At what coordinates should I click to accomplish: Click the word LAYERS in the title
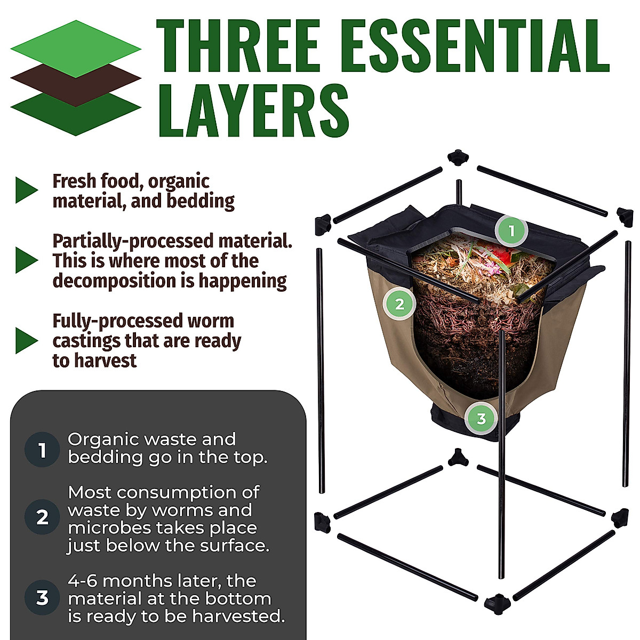(254, 111)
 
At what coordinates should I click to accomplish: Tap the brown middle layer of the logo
(76, 79)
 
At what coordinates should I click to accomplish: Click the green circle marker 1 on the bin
(511, 231)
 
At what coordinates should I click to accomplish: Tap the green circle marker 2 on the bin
(399, 304)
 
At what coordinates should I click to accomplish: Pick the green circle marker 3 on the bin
(481, 419)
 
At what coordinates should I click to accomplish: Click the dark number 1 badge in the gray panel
(42, 450)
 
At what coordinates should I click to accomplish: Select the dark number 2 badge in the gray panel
(42, 517)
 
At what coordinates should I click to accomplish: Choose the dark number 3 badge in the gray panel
(42, 597)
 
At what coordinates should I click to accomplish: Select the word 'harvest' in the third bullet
(106, 361)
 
